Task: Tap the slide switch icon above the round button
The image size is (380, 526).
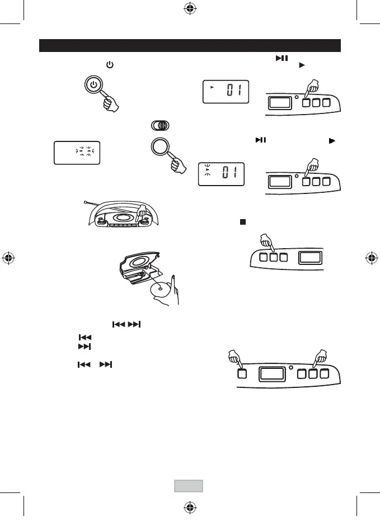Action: (159, 126)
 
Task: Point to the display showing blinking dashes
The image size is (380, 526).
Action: (77, 153)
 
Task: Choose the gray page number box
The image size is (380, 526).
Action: (187, 485)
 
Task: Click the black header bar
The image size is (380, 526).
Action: (190, 45)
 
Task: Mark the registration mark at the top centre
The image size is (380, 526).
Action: (190, 9)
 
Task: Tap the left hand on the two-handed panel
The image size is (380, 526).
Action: (235, 358)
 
